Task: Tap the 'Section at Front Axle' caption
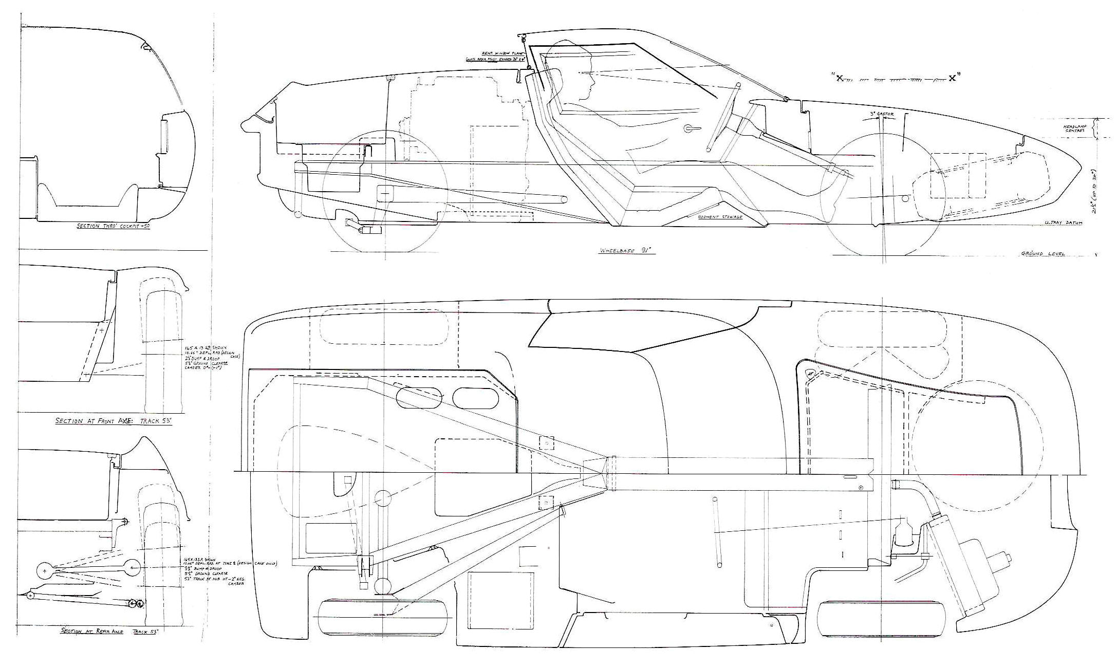tap(113, 421)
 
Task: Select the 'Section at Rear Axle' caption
tap(109, 631)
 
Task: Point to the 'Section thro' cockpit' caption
tap(113, 226)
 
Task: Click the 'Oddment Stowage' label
tap(719, 217)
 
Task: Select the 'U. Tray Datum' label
tap(1063, 223)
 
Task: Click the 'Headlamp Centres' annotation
tap(1074, 128)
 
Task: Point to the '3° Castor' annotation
tap(882, 114)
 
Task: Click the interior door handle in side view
tap(689, 128)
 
